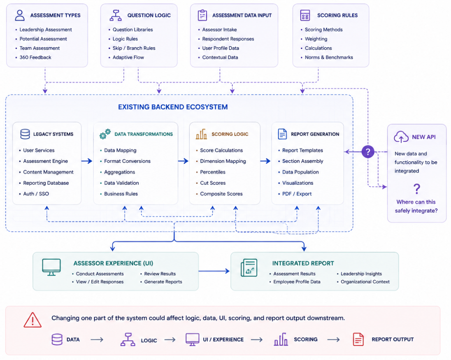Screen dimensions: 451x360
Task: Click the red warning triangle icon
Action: [33, 320]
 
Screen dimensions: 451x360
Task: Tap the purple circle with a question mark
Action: [368, 151]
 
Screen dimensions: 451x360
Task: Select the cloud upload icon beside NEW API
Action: [401, 137]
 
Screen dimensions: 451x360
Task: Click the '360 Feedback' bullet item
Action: [35, 57]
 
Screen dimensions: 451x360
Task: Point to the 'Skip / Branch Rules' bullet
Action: [134, 48]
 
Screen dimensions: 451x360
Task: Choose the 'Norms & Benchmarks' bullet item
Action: [329, 57]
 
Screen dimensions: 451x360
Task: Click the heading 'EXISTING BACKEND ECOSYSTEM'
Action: [173, 107]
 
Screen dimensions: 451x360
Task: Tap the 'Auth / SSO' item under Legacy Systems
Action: [36, 194]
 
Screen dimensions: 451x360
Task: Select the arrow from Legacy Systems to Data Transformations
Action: [87, 161]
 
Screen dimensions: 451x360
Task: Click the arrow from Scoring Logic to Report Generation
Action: [265, 161]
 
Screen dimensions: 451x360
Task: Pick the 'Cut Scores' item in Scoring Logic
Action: [213, 183]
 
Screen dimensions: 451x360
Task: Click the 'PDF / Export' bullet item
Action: [297, 194]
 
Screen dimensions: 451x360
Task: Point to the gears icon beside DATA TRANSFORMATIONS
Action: [105, 134]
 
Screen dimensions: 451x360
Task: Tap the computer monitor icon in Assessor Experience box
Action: [51, 267]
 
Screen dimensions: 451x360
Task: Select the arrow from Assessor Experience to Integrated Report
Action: [214, 271]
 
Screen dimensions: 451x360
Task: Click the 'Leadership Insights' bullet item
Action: [361, 274]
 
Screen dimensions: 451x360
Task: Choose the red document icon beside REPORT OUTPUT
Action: [358, 339]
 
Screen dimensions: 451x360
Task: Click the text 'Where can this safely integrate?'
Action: [416, 206]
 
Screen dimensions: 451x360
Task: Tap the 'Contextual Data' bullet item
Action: [220, 57]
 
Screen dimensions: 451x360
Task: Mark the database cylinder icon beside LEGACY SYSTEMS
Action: [25, 134]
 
